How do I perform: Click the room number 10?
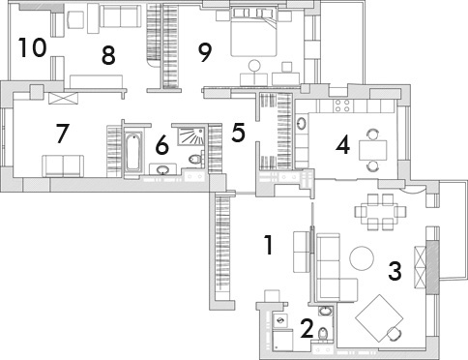[x=32, y=47]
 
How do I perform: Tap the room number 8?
[x=108, y=55]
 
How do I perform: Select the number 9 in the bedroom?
[x=205, y=53]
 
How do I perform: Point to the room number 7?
[x=63, y=134]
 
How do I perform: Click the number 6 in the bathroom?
[x=162, y=145]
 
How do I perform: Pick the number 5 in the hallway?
[x=238, y=133]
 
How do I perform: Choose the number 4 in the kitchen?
[x=342, y=145]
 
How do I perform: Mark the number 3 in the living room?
[x=395, y=271]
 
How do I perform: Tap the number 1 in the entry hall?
[x=269, y=245]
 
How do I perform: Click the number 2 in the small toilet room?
[x=307, y=328]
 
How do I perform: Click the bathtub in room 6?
[x=132, y=152]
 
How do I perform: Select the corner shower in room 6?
[x=191, y=136]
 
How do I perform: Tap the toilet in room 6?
[x=196, y=159]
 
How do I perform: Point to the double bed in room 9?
[x=253, y=32]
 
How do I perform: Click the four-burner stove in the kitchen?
[x=342, y=105]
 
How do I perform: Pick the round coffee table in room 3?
[x=362, y=258]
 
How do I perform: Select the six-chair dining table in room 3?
[x=380, y=212]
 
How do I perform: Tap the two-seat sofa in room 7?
[x=63, y=165]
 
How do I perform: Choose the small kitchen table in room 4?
[x=373, y=150]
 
